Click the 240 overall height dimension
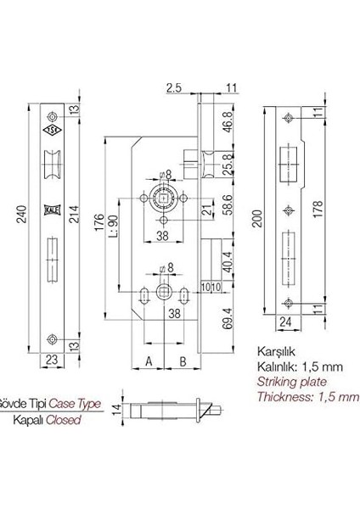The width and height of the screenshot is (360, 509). tap(21, 214)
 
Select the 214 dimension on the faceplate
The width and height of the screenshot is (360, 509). tap(75, 214)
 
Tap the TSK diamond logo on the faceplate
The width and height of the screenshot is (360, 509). tap(52, 130)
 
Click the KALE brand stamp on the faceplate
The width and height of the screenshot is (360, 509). tap(52, 210)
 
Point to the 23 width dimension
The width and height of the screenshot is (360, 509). tap(52, 360)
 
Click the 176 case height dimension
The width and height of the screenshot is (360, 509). tap(99, 222)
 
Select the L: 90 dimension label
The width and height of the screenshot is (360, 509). tap(112, 227)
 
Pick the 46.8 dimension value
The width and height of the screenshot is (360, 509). tap(228, 121)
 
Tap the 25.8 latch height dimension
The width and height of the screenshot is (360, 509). tap(228, 165)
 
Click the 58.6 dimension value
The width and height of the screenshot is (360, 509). tap(228, 204)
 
